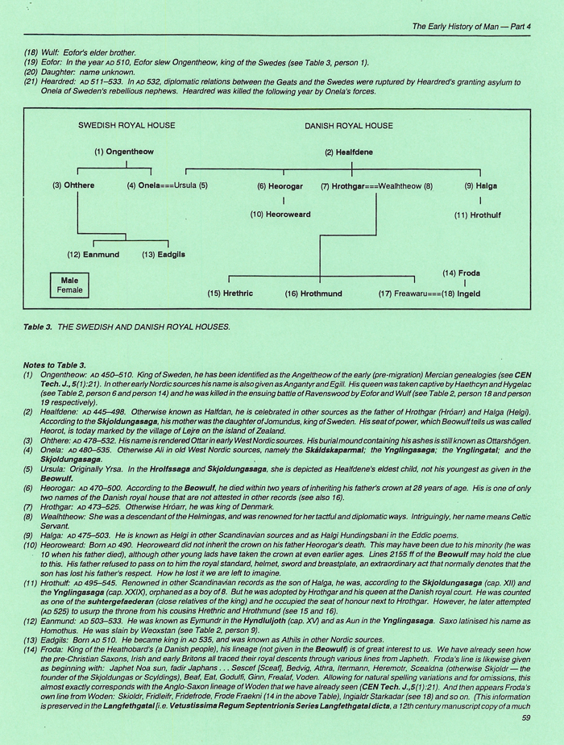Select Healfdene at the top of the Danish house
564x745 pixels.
(x=352, y=152)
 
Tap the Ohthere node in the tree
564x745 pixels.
(x=73, y=185)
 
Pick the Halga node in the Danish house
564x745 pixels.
(x=481, y=185)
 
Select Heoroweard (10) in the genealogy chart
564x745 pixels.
(x=280, y=214)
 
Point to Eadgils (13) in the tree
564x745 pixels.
(x=164, y=255)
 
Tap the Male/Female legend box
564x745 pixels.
(x=66, y=285)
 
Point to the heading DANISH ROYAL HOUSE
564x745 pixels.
(x=348, y=126)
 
